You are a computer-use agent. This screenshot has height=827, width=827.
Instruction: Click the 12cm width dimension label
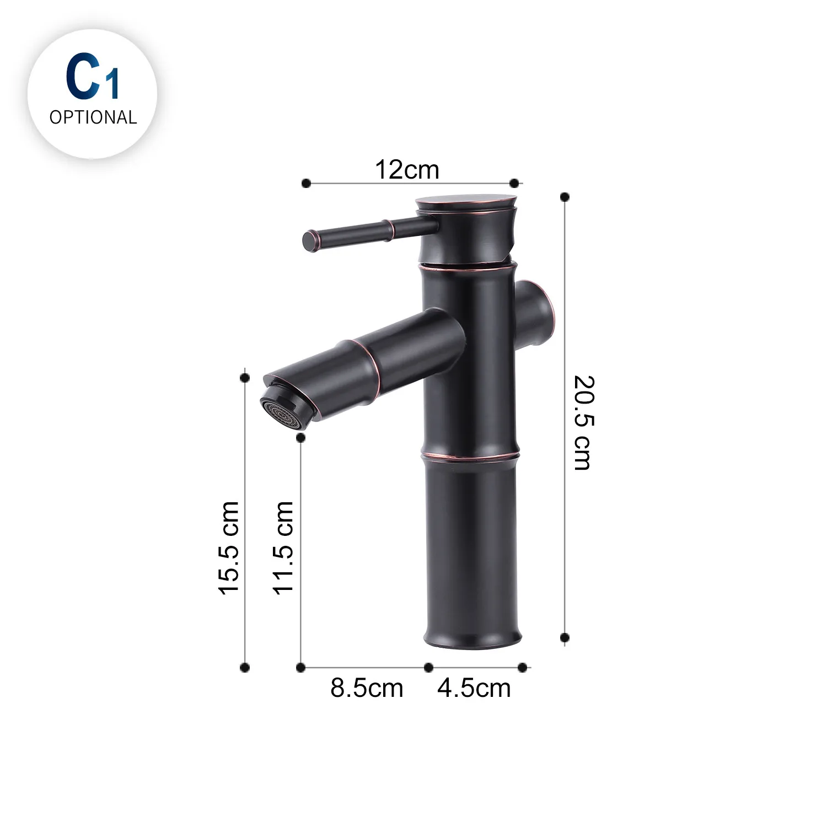[x=407, y=169]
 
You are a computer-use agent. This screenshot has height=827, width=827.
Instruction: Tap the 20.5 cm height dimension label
[x=583, y=423]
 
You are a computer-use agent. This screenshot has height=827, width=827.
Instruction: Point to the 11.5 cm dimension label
[x=284, y=547]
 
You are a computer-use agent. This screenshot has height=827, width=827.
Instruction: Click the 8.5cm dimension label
[x=367, y=688]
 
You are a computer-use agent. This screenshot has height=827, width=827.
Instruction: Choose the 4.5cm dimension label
[x=474, y=688]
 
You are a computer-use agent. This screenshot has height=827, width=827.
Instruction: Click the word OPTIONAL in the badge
[x=93, y=117]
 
